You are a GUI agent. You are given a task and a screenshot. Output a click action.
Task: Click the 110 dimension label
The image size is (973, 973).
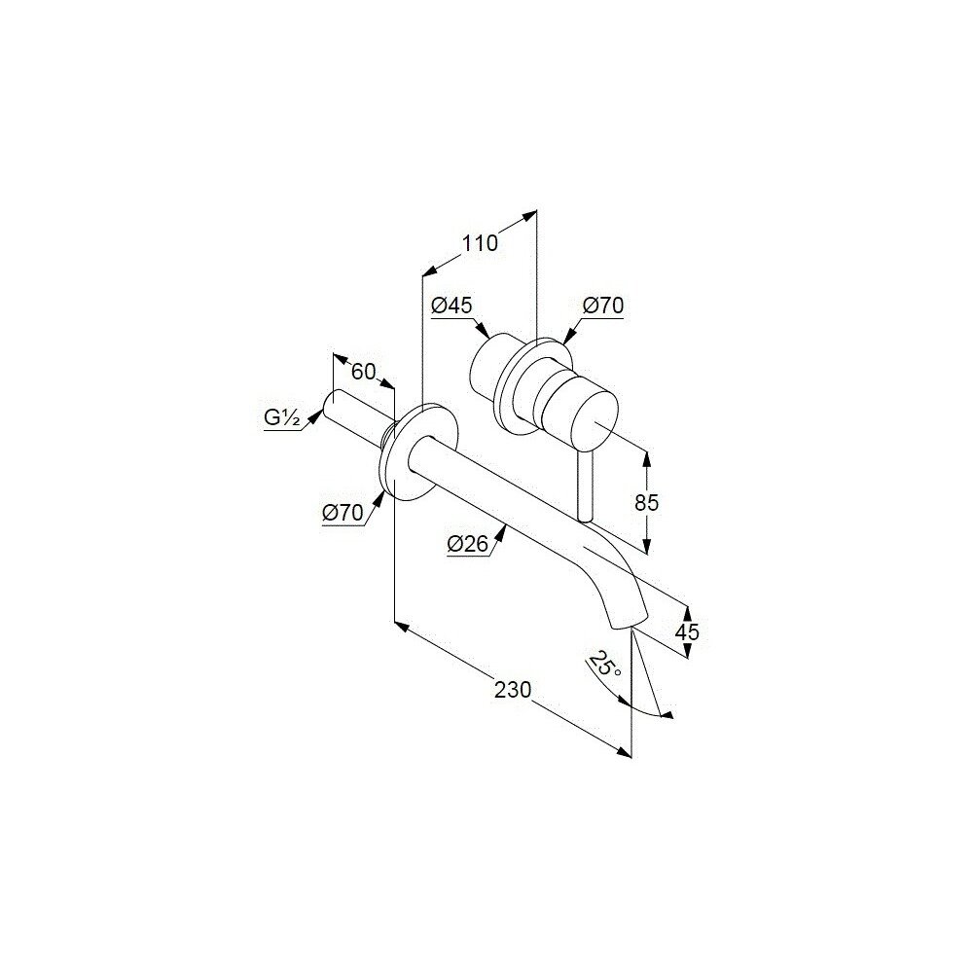click(480, 243)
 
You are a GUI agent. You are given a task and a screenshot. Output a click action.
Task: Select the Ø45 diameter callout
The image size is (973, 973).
click(450, 306)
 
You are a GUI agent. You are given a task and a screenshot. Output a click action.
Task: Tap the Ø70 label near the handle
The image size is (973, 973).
click(603, 306)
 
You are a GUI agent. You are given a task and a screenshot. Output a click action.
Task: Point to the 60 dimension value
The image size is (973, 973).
click(363, 371)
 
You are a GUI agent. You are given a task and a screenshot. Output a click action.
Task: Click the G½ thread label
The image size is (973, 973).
click(282, 418)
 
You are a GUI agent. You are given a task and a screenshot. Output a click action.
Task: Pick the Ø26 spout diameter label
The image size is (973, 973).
click(468, 546)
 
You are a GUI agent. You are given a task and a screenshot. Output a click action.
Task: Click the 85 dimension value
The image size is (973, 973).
click(646, 503)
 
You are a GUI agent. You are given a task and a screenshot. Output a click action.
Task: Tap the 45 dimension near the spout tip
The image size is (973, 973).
click(687, 631)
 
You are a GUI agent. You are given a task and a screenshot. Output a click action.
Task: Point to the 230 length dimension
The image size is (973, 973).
click(513, 690)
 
